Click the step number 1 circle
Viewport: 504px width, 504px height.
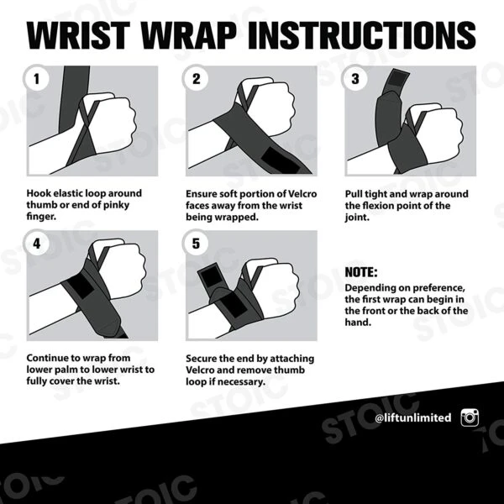click(36, 80)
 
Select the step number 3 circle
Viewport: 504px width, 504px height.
click(354, 80)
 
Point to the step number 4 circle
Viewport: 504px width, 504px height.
click(36, 244)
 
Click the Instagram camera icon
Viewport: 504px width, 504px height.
click(470, 417)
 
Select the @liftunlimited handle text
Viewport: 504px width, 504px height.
click(412, 417)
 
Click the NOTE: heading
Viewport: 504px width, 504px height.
click(361, 273)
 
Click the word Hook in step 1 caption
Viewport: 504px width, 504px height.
click(39, 194)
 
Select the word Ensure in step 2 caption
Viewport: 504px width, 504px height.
click(203, 194)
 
